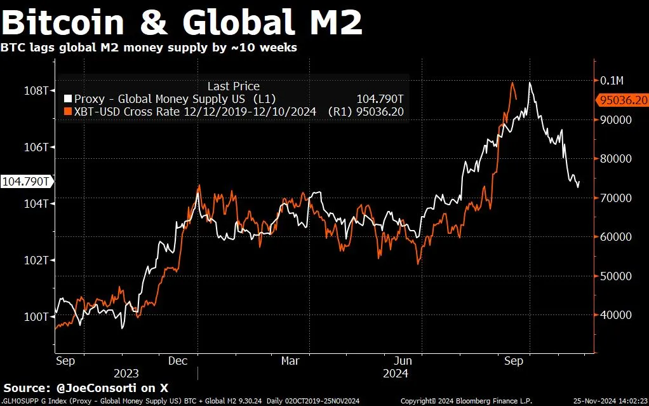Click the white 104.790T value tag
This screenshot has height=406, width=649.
coord(26,181)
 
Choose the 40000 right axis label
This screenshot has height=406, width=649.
coord(616,315)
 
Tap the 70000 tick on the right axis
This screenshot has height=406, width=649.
coord(616,198)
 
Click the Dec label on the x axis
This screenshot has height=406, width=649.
coord(178,361)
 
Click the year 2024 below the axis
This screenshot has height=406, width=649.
coord(395,374)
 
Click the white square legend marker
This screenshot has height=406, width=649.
coord(68,99)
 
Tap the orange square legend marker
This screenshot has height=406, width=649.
coord(68,111)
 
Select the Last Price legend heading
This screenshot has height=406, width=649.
coord(233,86)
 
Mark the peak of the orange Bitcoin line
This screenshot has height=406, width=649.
coord(512,83)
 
